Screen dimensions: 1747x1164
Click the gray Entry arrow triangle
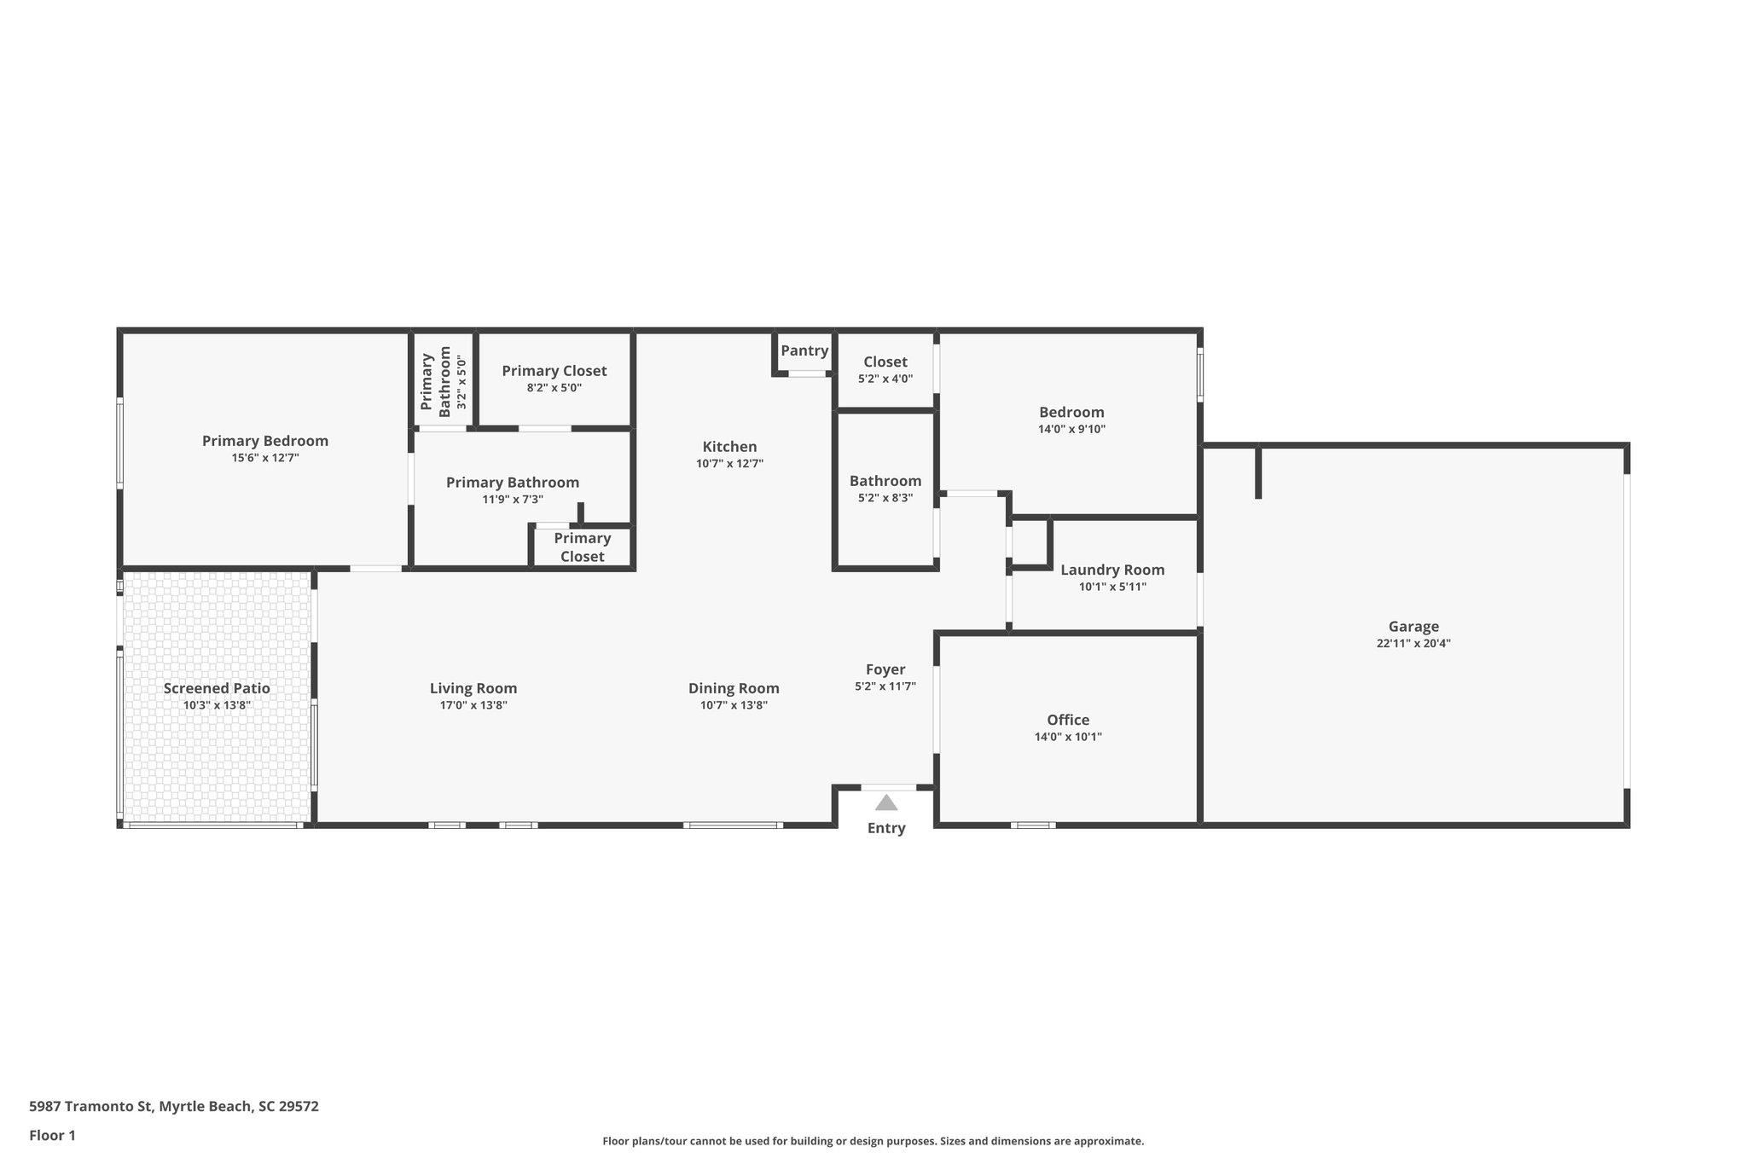click(x=886, y=802)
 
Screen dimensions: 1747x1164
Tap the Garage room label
click(x=1413, y=627)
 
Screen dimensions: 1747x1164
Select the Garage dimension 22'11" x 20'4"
click(x=1413, y=644)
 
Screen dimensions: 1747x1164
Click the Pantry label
click(x=804, y=350)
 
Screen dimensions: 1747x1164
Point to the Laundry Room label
click(x=1112, y=570)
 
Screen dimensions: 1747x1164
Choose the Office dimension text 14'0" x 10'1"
click(x=1068, y=737)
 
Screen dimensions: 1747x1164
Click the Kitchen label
click(x=729, y=447)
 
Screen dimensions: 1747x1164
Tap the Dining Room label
click(x=734, y=688)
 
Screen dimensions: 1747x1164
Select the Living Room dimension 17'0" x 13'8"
click(x=473, y=705)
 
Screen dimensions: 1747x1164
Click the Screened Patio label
click(x=217, y=688)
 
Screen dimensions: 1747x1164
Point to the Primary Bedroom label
click(x=265, y=441)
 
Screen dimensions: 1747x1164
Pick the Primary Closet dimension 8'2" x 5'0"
click(x=554, y=388)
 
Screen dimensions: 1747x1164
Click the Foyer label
click(x=885, y=669)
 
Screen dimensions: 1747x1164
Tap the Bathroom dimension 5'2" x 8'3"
click(x=885, y=498)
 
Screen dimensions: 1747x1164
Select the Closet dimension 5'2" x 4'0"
click(x=885, y=379)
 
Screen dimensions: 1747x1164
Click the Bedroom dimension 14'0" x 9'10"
click(x=1071, y=429)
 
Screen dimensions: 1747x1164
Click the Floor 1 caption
click(x=52, y=1135)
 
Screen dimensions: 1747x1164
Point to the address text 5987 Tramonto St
click(x=90, y=1106)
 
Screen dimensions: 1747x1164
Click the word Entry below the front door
click(x=886, y=828)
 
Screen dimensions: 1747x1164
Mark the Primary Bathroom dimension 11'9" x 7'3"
click(x=513, y=500)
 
